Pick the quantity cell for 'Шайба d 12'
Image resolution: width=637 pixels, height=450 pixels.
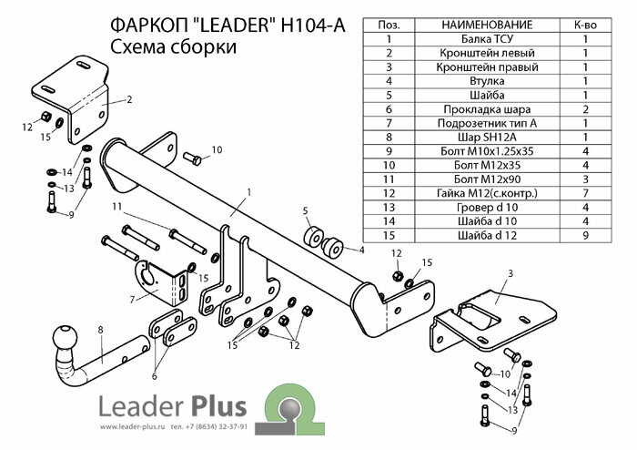584,235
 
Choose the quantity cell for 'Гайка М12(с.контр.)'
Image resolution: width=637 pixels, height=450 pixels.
584,192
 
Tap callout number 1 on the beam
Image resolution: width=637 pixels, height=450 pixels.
247,192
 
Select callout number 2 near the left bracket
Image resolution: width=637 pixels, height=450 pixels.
130,100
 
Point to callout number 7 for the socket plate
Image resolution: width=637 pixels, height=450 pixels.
133,298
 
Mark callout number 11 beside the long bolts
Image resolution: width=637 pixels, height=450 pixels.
116,208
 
